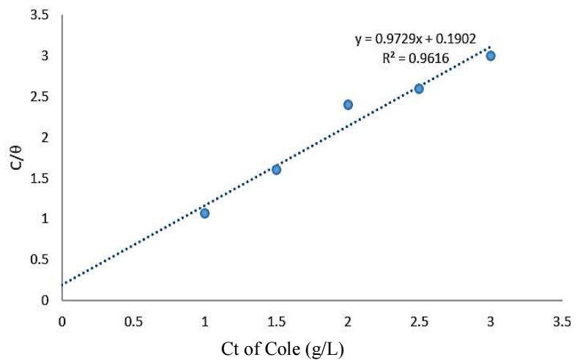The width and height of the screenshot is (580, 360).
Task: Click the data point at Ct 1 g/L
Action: click(205, 213)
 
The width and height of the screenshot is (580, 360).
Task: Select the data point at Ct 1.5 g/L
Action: click(276, 169)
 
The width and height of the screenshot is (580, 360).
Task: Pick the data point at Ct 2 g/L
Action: click(348, 105)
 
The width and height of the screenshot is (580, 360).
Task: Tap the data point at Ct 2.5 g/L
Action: click(419, 89)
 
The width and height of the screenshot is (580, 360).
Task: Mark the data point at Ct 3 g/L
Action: click(491, 56)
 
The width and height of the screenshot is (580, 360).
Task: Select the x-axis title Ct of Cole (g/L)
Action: click(282, 348)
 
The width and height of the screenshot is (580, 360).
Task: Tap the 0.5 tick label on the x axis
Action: click(133, 320)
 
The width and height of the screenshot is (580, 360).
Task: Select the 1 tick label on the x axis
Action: click(205, 320)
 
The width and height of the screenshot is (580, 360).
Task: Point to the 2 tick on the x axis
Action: click(348, 320)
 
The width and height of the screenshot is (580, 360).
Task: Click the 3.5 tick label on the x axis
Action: click(562, 320)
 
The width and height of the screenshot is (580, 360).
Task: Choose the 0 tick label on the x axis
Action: click(62, 320)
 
